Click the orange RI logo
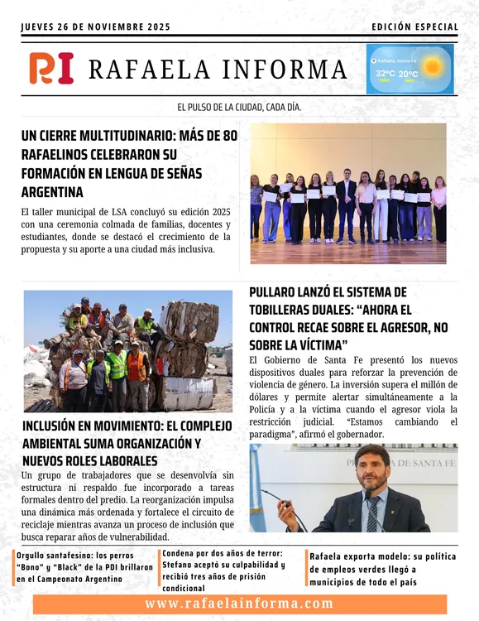51,68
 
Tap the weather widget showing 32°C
410,69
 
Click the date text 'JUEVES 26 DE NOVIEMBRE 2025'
95,27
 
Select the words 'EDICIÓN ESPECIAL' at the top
414,27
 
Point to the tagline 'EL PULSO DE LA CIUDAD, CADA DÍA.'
239,108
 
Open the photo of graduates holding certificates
347,194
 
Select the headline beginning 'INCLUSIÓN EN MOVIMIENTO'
112,443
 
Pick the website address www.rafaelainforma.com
239,604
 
